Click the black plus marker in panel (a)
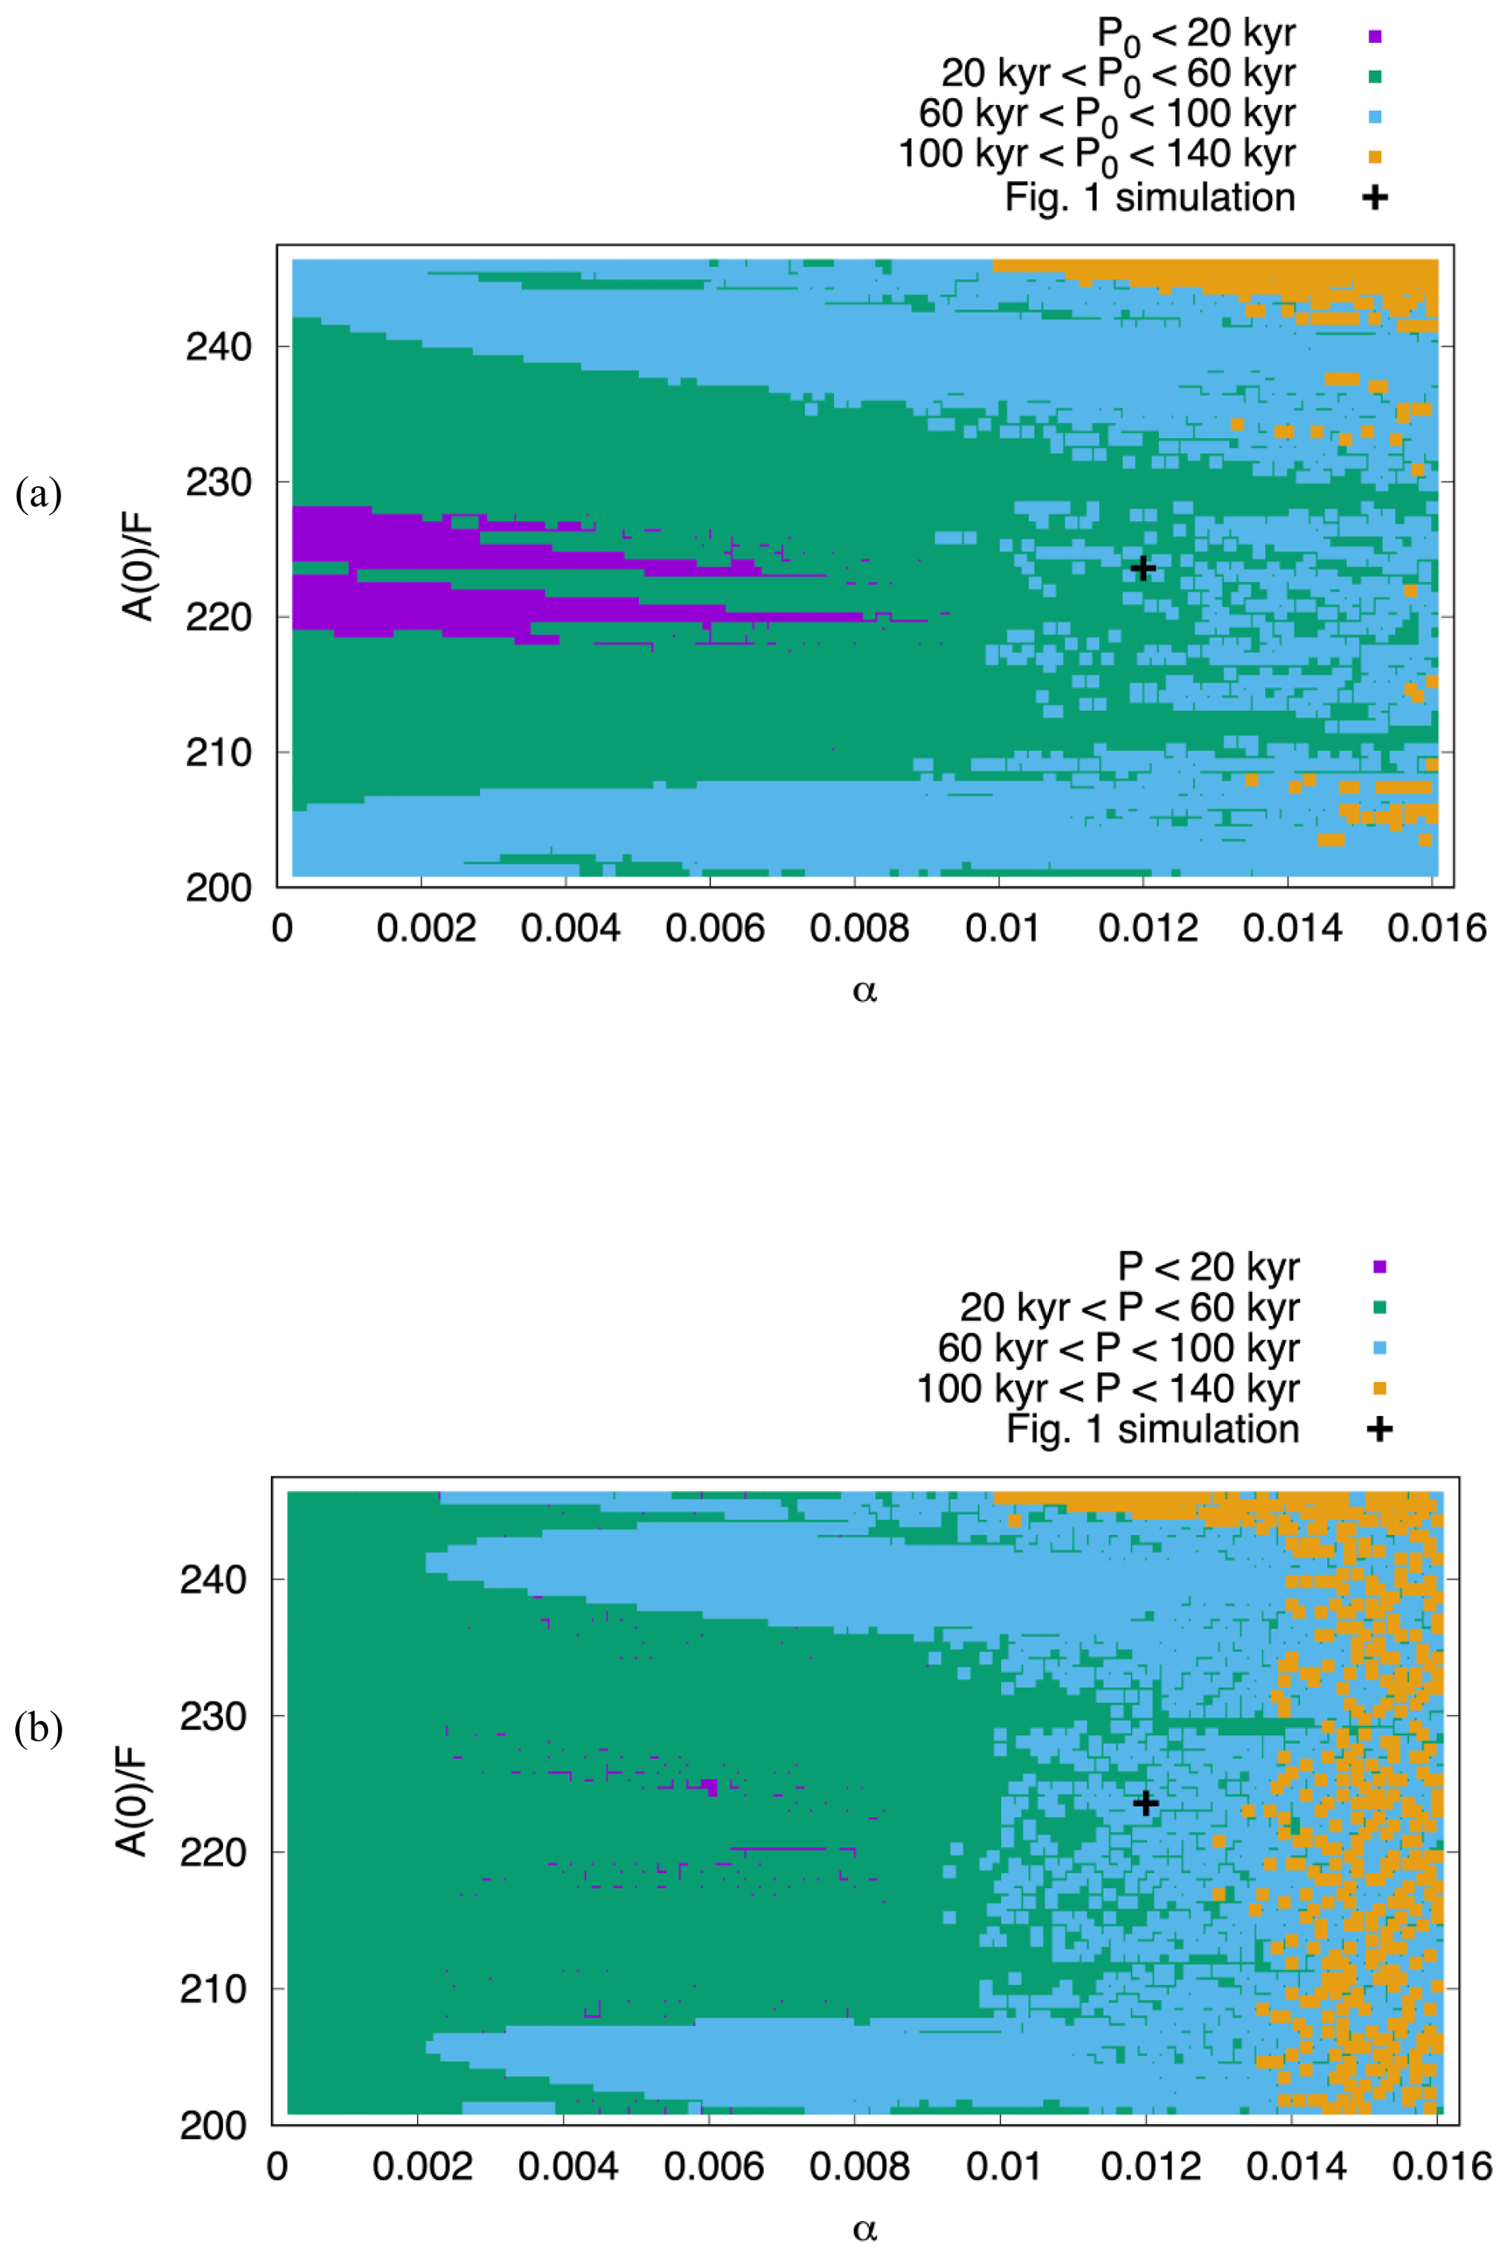click(x=1142, y=568)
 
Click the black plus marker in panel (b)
click(x=1145, y=1802)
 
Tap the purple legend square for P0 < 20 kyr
click(x=1375, y=37)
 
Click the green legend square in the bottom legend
click(x=1379, y=1307)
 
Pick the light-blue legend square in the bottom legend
click(x=1379, y=1348)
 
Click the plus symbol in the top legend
click(x=1375, y=197)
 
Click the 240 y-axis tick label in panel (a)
click(x=218, y=347)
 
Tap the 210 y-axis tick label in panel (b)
click(x=214, y=1988)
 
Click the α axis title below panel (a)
click(x=865, y=991)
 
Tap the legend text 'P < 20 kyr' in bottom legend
click(x=1208, y=1266)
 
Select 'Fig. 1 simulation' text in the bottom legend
click(x=1153, y=1429)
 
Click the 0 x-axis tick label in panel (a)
click(x=283, y=929)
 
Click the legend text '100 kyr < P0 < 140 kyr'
click(x=1097, y=155)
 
